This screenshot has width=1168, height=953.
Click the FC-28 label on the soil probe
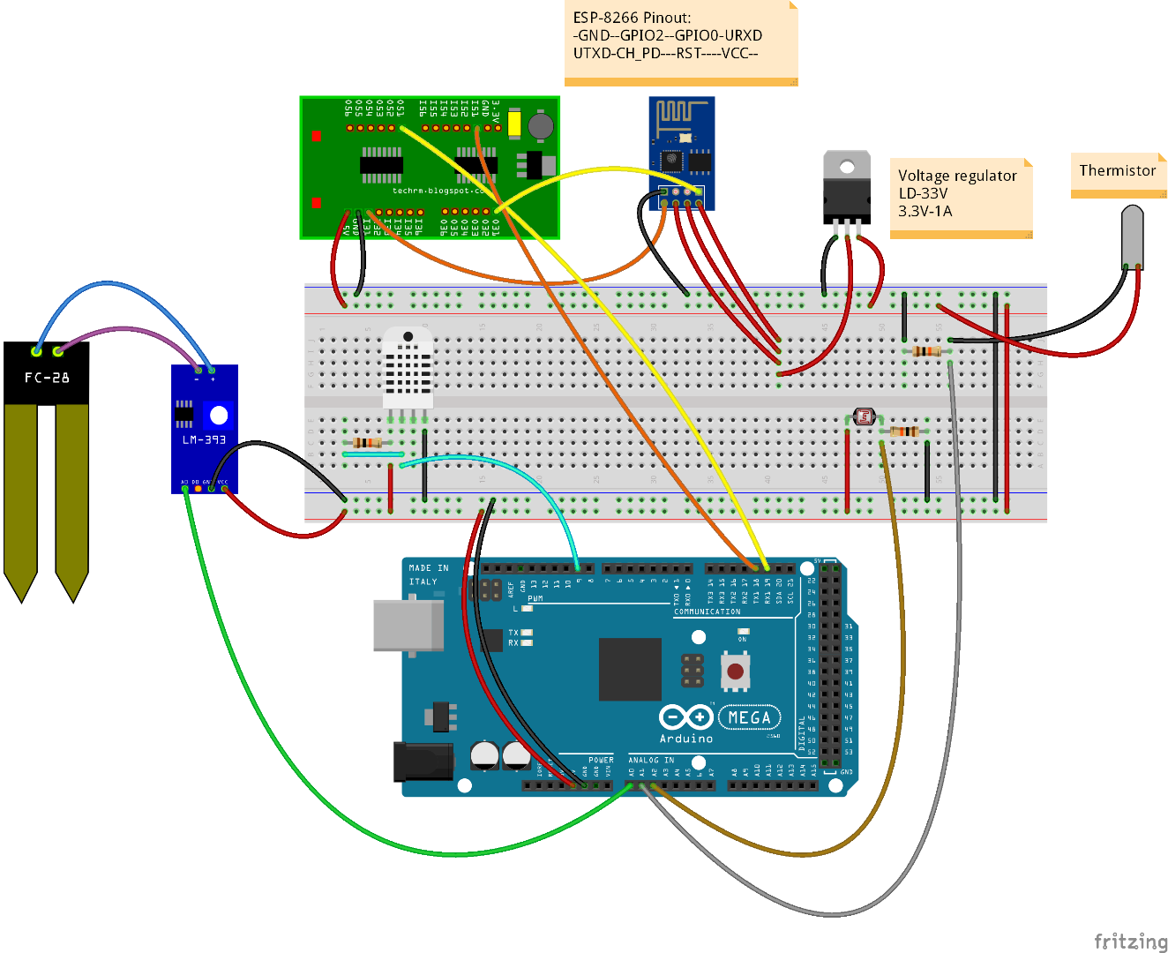[x=47, y=378]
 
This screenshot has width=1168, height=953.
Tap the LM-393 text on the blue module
[x=204, y=439]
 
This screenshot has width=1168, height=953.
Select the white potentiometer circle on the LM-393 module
[x=219, y=415]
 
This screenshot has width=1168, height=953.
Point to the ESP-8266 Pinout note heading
[x=632, y=18]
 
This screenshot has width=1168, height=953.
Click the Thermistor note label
[x=1117, y=170]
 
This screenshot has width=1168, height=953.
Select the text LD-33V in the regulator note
[x=923, y=193]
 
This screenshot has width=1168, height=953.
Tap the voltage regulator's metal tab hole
[x=847, y=167]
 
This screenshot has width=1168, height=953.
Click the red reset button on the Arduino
[x=735, y=672]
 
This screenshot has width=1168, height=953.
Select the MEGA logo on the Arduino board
[x=749, y=718]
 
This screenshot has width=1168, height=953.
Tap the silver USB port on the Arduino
[x=408, y=626]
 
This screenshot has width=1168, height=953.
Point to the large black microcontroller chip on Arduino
[x=630, y=669]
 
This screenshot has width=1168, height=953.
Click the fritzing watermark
[x=1130, y=941]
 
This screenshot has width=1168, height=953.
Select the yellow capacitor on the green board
[x=514, y=123]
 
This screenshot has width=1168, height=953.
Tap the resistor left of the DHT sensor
[x=367, y=442]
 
